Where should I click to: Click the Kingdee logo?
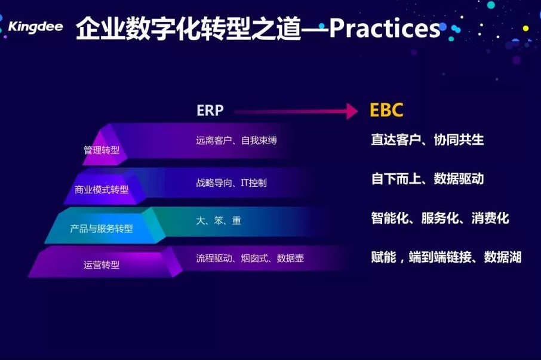(36, 26)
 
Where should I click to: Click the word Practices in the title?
(385, 28)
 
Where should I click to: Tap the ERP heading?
(210, 110)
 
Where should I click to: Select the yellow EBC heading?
(386, 110)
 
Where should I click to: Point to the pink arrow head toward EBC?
(352, 112)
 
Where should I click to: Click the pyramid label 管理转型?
(102, 150)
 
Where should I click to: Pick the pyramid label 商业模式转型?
(102, 189)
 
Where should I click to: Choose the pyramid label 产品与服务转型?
(102, 228)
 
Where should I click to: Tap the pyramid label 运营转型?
(102, 265)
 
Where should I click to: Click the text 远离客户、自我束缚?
(236, 140)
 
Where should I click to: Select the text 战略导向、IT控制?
(231, 183)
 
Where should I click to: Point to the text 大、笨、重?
(219, 220)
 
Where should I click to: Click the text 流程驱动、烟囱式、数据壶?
(250, 259)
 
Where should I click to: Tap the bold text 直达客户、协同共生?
(428, 140)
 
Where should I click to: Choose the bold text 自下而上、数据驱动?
(428, 179)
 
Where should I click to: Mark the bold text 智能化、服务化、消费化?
(440, 218)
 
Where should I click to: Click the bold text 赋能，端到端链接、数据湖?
(446, 257)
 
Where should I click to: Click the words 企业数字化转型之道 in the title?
(188, 28)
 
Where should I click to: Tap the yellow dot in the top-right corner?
(525, 29)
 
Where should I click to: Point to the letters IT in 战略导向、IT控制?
(245, 183)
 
